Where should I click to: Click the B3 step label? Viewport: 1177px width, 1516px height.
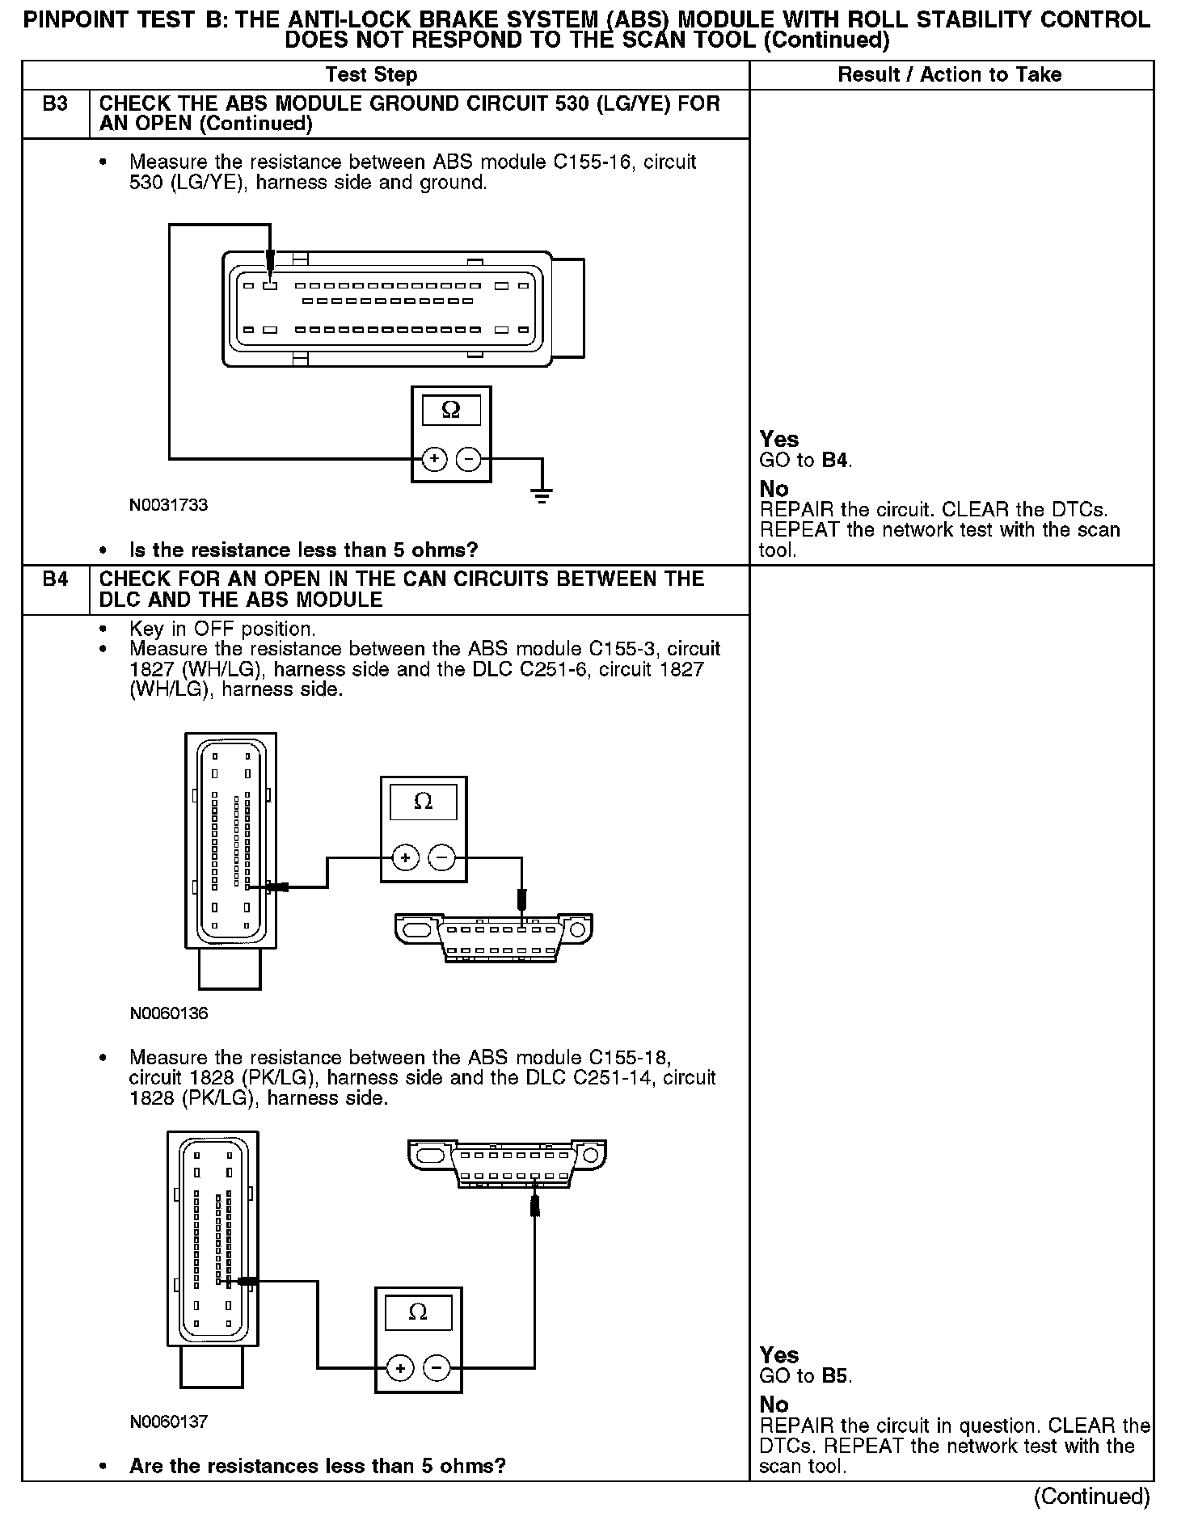click(54, 104)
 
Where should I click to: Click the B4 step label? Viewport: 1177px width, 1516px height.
click(54, 579)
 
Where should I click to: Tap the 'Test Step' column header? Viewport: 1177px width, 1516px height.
click(371, 75)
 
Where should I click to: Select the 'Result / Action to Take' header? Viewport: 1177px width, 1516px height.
click(950, 75)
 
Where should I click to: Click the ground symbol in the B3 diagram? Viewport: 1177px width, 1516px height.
click(542, 494)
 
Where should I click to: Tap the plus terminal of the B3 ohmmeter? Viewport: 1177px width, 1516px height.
click(434, 460)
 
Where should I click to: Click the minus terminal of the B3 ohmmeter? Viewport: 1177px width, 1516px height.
click(469, 460)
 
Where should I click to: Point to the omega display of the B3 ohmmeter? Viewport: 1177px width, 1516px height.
click(451, 411)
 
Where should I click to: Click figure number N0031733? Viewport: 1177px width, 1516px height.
click(168, 505)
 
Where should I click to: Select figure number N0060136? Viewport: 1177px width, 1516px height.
click(168, 1013)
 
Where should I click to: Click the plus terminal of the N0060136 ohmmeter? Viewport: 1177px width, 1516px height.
click(405, 857)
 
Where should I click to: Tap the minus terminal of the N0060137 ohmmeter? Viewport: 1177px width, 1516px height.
click(437, 1368)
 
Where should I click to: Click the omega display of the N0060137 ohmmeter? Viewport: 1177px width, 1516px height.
click(418, 1312)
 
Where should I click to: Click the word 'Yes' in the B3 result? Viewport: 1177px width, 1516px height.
click(779, 440)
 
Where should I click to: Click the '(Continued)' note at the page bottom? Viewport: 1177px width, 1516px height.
click(1091, 1496)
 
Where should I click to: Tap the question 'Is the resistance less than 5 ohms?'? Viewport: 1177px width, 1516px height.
click(303, 550)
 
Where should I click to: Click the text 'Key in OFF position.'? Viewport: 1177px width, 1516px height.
click(222, 629)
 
